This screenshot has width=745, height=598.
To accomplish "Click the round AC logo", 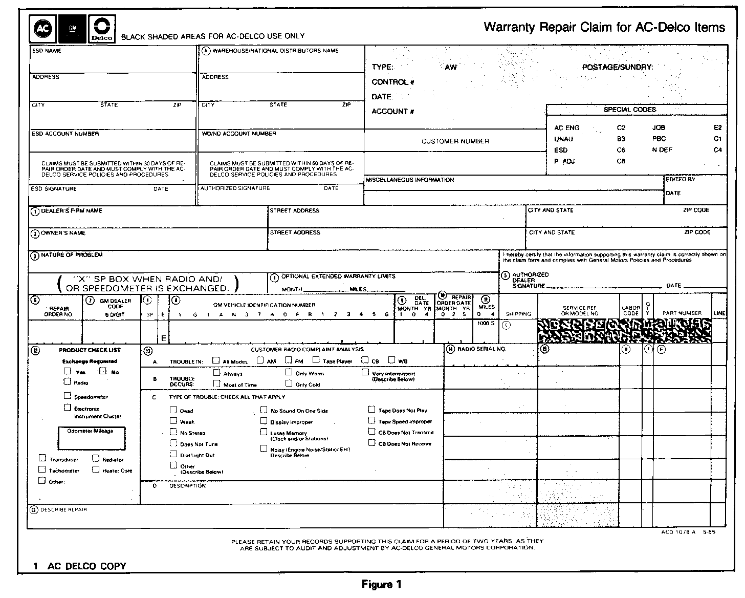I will pos(42,29).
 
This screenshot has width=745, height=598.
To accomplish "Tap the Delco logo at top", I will pos(102,29).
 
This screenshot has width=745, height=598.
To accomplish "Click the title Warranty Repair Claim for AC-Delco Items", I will pos(604,27).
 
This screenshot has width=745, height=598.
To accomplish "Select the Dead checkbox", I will pos(173,410).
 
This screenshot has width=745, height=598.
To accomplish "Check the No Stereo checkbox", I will pos(173,432).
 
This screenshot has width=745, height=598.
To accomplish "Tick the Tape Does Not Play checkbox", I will pos(372,409).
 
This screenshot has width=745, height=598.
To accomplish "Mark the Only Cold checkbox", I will pos(289,383).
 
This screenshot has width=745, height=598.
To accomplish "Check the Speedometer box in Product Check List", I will pos(68,395).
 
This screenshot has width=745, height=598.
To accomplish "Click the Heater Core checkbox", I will pos(96,469).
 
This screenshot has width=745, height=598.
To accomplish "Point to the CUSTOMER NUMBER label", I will pos(455,141).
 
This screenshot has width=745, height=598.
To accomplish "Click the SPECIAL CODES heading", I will pos(629,110).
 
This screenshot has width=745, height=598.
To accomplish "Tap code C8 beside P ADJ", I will pos(621,161).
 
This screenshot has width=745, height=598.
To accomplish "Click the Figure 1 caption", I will pos(381,585).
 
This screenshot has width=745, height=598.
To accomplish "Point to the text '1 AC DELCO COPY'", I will pos(80,566).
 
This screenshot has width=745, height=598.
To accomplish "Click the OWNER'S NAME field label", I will pos(63,233).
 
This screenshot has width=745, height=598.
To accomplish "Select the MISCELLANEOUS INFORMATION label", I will pos(410,180).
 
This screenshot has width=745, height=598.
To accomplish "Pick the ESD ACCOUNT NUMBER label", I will pos(65,134).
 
